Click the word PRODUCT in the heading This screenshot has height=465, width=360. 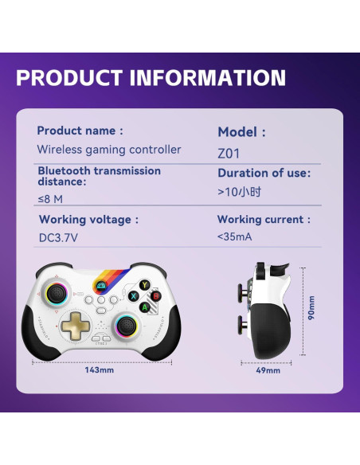(x=70, y=78)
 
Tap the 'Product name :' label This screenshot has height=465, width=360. (x=80, y=131)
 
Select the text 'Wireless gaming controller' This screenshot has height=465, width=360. (x=109, y=150)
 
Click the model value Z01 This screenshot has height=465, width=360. (x=228, y=152)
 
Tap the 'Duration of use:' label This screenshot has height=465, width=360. (x=264, y=173)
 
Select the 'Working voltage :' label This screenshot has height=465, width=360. (x=88, y=220)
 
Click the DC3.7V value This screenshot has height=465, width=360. (x=59, y=238)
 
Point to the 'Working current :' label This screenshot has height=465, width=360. (x=264, y=219)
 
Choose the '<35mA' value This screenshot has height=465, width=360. (x=236, y=236)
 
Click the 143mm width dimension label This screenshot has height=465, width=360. (x=100, y=370)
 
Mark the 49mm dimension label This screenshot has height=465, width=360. (x=268, y=371)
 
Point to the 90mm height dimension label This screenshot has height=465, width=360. (x=311, y=308)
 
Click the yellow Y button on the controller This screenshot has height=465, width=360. (x=145, y=284)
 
